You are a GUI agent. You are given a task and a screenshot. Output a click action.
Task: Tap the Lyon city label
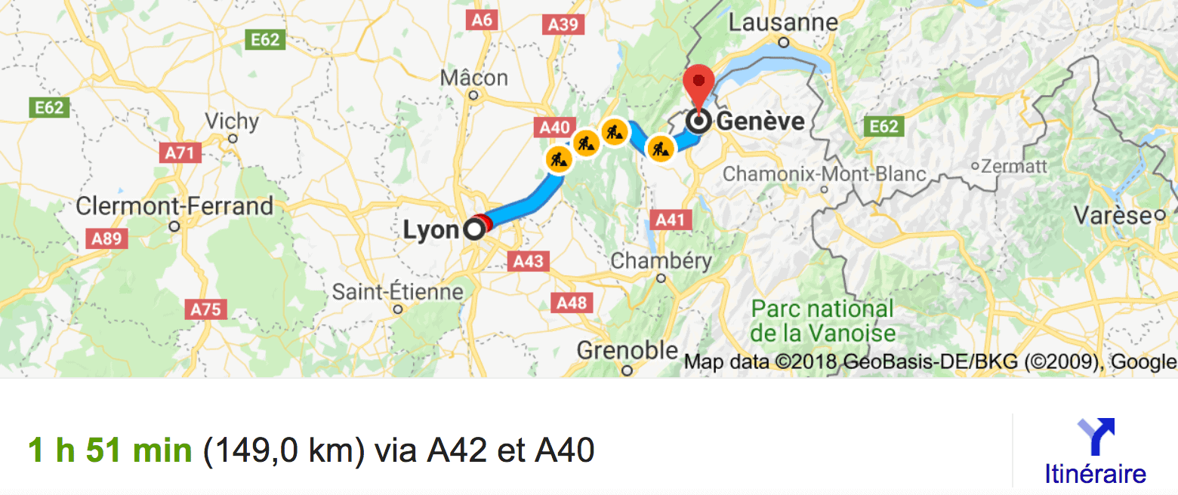[431, 229]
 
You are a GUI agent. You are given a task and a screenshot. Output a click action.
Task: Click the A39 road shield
[563, 25]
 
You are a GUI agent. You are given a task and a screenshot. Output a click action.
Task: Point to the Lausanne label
[783, 23]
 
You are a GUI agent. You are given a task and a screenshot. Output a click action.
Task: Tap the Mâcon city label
[473, 78]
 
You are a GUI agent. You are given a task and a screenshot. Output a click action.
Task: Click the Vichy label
[232, 121]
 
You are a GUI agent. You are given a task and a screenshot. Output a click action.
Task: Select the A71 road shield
[180, 153]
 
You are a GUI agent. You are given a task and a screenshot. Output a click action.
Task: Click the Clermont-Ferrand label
[175, 206]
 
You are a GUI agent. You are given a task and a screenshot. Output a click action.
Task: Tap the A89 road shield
[106, 239]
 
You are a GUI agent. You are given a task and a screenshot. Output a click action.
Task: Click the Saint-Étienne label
[398, 291]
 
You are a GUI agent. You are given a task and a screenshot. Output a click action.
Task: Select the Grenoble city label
[627, 351]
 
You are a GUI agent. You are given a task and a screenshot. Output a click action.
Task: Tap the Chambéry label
[661, 262]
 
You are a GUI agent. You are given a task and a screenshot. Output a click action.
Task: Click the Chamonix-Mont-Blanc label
[824, 174]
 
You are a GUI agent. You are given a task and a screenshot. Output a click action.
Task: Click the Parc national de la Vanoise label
[823, 321]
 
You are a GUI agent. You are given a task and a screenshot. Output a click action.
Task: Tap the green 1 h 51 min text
[109, 450]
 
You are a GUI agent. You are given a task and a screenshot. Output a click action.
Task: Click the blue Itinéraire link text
[1096, 474]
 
